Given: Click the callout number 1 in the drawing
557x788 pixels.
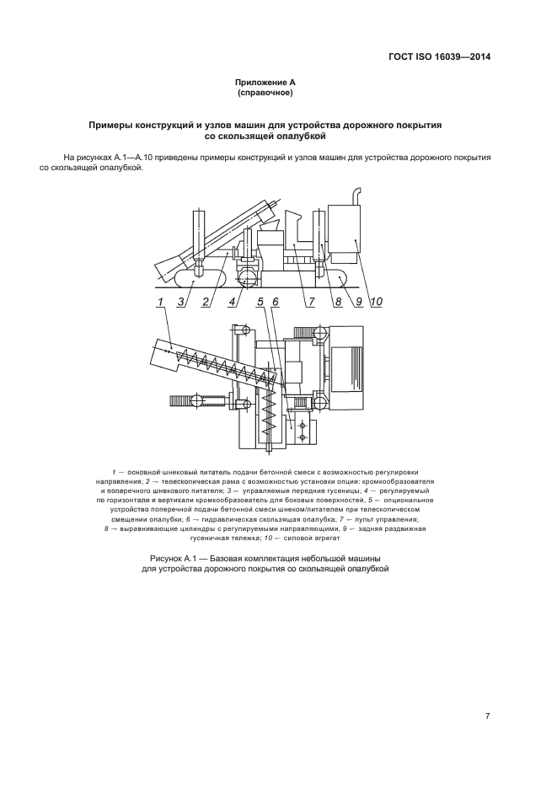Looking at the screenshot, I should pyautogui.click(x=159, y=301).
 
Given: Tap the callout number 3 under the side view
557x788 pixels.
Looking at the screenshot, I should pyautogui.click(x=181, y=301).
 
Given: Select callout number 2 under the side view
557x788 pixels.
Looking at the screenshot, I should pyautogui.click(x=205, y=301).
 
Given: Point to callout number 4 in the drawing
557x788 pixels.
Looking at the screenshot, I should pyautogui.click(x=232, y=301).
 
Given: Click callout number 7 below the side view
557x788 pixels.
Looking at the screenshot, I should pyautogui.click(x=311, y=301).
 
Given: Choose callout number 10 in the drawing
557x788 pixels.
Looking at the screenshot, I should pyautogui.click(x=376, y=301).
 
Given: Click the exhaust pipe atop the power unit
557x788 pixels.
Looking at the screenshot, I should pyautogui.click(x=356, y=196).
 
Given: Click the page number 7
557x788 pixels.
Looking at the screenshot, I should pyautogui.click(x=487, y=716).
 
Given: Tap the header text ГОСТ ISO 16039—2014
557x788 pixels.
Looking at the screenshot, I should pyautogui.click(x=439, y=57).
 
